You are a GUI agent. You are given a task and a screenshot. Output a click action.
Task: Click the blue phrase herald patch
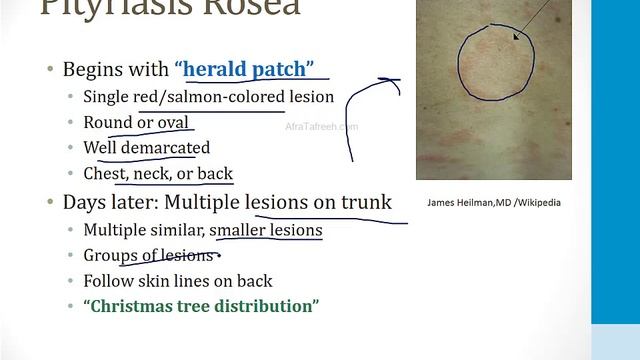249,69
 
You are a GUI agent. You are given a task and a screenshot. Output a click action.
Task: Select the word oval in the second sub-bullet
172,122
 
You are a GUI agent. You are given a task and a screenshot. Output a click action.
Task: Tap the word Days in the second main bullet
84,201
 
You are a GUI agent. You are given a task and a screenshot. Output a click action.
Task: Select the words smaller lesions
266,230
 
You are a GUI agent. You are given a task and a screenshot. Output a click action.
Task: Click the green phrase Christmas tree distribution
201,306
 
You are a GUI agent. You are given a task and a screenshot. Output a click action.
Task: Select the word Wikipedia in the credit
537,202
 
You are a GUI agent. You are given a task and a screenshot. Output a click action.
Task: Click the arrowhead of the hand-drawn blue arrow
388,80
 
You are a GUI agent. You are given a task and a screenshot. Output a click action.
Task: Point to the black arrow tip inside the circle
515,38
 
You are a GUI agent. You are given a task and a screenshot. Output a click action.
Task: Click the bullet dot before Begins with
50,70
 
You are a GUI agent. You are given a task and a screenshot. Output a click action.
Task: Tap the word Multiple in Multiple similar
113,230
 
